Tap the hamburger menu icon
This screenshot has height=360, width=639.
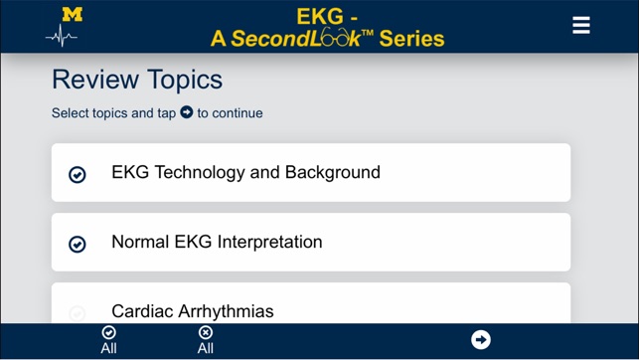581,26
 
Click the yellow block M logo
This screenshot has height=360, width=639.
72,15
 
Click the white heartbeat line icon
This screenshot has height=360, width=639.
62,37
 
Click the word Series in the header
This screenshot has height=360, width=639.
411,39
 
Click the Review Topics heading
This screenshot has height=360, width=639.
137,80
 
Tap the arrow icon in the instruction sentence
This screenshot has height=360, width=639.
186,112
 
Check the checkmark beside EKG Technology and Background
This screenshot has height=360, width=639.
77,174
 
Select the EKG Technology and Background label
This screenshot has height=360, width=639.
245,172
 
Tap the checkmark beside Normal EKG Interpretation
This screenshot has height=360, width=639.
77,244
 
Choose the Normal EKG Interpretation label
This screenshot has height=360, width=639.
217,242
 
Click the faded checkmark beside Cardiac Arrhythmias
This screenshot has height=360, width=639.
77,313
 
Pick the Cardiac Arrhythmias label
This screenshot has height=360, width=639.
192,311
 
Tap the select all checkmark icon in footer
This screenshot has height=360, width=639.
109,333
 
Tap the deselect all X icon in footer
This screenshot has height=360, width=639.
206,333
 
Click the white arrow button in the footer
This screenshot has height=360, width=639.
481,340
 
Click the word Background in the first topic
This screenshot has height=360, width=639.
333,172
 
